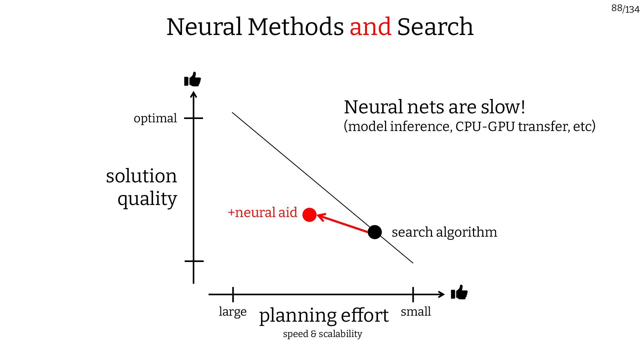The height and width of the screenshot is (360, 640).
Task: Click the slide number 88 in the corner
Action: click(617, 8)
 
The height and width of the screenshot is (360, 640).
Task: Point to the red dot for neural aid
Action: click(309, 215)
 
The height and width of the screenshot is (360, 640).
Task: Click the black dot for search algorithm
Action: click(375, 232)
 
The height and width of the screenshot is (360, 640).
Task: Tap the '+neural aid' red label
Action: click(262, 212)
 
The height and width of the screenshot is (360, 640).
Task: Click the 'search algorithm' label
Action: click(444, 232)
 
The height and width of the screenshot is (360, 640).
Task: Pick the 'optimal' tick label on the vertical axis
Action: click(155, 118)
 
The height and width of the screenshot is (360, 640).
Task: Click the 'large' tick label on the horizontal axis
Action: click(233, 312)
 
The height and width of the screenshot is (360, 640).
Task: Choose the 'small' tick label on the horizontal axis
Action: click(416, 312)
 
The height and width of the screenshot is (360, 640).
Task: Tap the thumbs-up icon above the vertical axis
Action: click(193, 79)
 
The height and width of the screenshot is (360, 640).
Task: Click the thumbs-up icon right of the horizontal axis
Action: click(459, 293)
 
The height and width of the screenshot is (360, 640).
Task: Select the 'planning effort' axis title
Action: click(324, 315)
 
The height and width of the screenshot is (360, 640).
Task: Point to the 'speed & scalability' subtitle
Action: click(322, 334)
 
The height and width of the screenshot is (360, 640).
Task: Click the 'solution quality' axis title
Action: click(142, 187)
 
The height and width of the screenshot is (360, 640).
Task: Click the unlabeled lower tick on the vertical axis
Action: click(194, 261)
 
